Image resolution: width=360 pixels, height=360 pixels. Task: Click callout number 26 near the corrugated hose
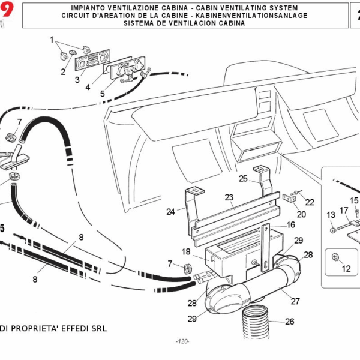(290, 322)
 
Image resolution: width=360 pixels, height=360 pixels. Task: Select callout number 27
(295, 301)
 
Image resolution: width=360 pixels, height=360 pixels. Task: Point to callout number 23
(229, 197)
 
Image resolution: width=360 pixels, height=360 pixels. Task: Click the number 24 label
(170, 211)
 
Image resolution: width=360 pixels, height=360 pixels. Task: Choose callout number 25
(243, 178)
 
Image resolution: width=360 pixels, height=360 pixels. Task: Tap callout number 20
(301, 214)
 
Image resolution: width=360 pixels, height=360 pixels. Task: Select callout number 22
(310, 202)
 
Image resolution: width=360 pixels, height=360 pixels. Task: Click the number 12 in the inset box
(346, 269)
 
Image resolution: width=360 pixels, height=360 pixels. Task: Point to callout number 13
(331, 215)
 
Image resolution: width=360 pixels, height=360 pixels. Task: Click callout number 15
(354, 200)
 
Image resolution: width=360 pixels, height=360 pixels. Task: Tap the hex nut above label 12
(335, 257)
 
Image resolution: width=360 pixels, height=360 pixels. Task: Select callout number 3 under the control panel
(77, 79)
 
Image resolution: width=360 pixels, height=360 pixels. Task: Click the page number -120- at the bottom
(182, 341)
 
